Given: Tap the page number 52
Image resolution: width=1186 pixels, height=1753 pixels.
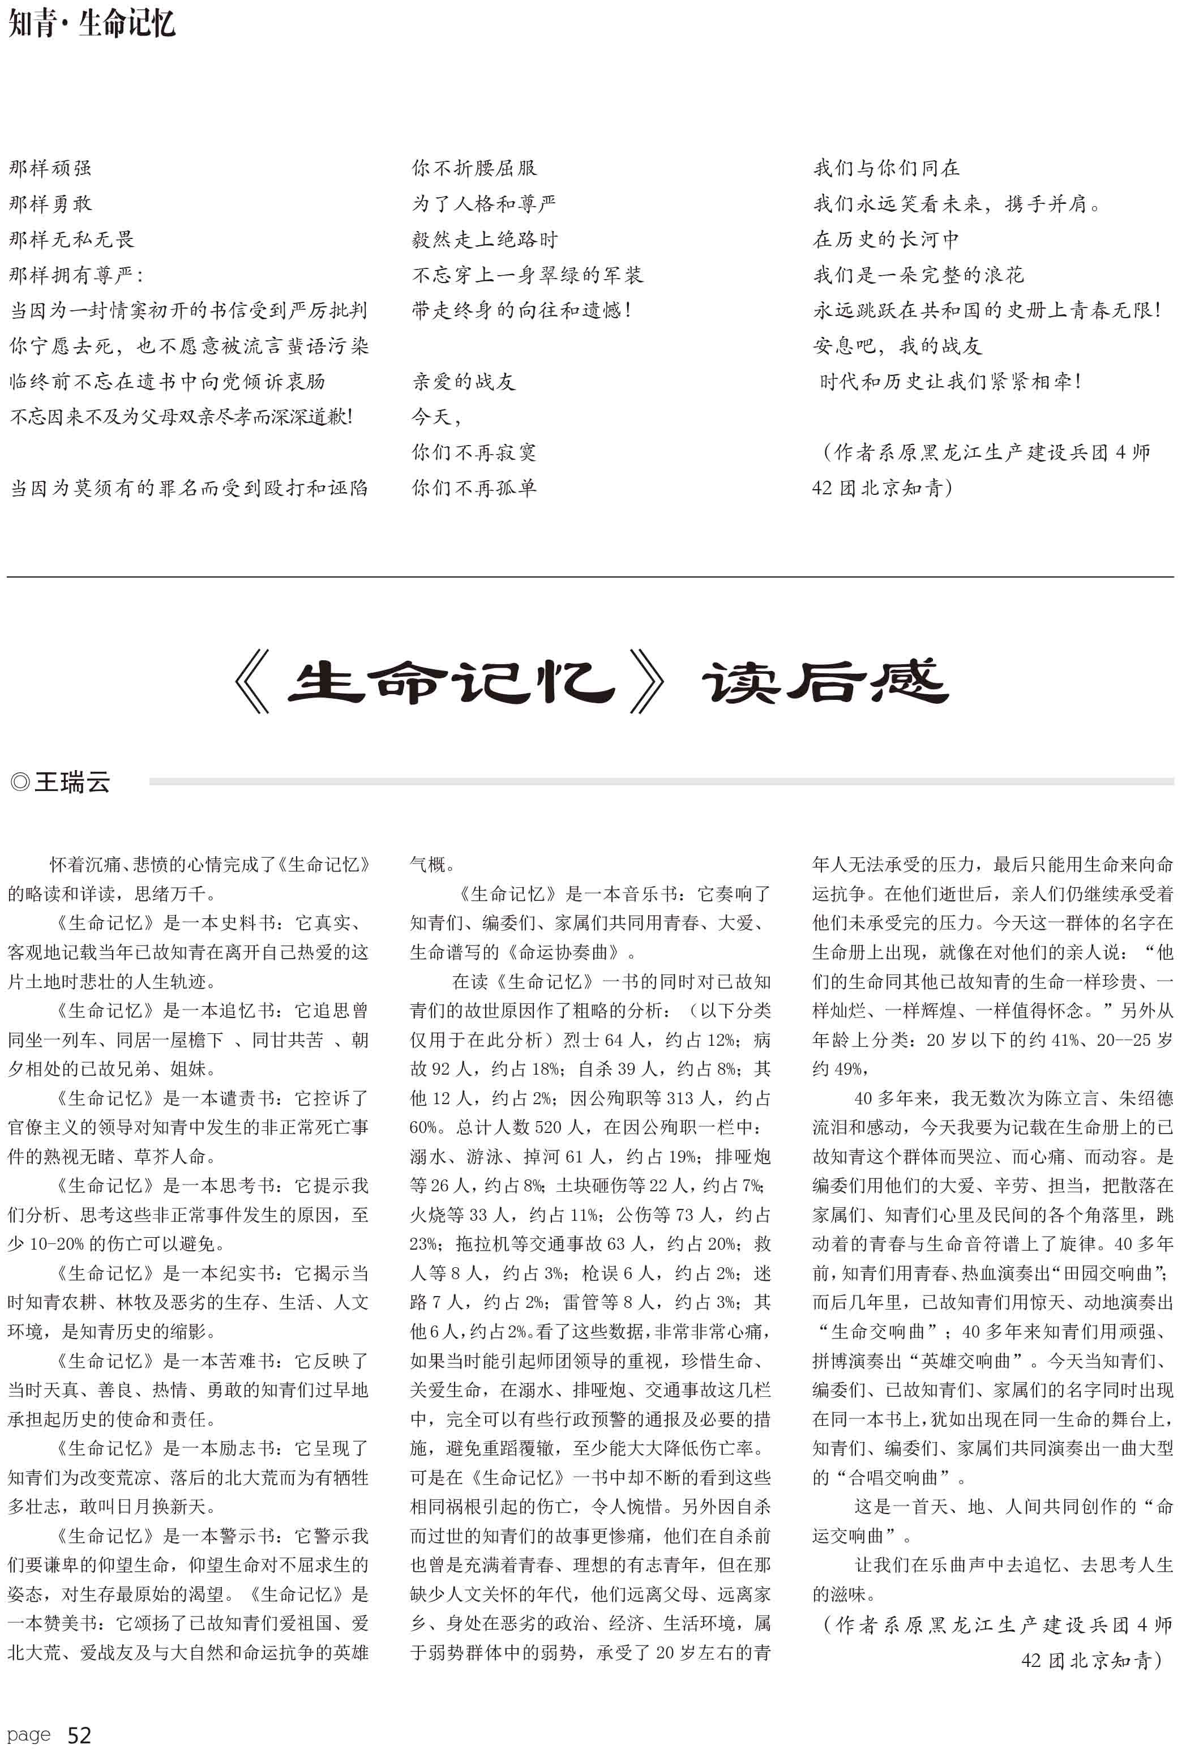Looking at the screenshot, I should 79,1735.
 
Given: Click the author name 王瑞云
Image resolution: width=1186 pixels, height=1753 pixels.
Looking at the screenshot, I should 72,782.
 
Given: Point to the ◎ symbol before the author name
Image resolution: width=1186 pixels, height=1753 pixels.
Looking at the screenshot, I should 20,782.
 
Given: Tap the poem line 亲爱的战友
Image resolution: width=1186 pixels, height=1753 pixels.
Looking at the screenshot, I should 463,382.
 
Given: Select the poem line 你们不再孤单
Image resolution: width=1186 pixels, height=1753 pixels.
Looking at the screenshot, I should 473,488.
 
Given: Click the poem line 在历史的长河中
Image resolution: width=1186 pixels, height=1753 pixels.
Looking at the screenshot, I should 886,239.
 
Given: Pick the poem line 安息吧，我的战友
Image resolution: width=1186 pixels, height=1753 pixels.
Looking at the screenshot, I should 897,346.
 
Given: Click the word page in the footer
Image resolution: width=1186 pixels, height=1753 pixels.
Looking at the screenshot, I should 29,1735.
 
